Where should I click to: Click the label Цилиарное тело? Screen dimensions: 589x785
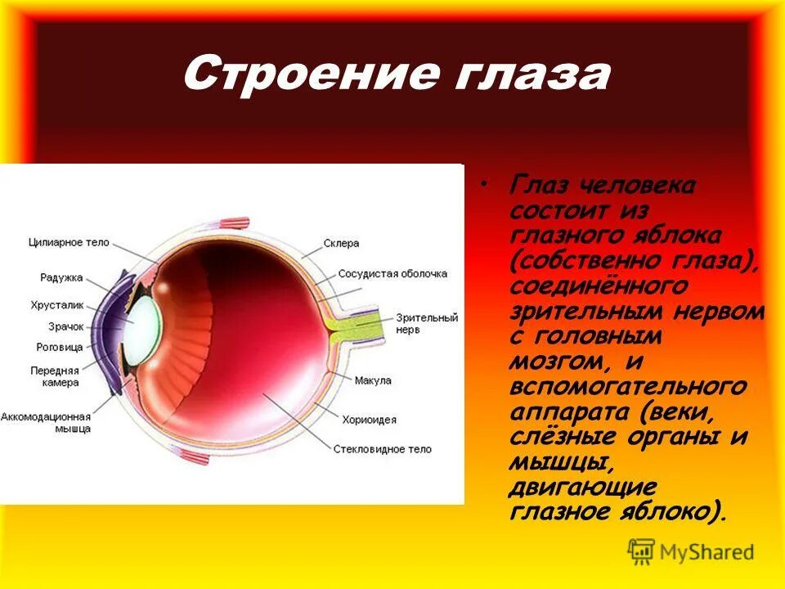(x=69, y=243)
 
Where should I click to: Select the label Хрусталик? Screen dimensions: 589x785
(x=57, y=305)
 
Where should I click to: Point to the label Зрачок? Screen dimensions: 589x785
(x=65, y=326)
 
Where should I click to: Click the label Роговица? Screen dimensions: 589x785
(x=61, y=348)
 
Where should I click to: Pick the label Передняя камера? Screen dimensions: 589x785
(x=56, y=375)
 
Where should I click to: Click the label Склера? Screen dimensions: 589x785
(x=341, y=243)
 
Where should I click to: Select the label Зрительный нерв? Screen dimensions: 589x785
(x=426, y=323)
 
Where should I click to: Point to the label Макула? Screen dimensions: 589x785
(x=373, y=380)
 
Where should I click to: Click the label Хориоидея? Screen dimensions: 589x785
(x=370, y=420)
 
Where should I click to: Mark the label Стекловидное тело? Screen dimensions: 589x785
(x=382, y=449)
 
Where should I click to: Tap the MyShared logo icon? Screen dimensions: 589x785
(x=642, y=551)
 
